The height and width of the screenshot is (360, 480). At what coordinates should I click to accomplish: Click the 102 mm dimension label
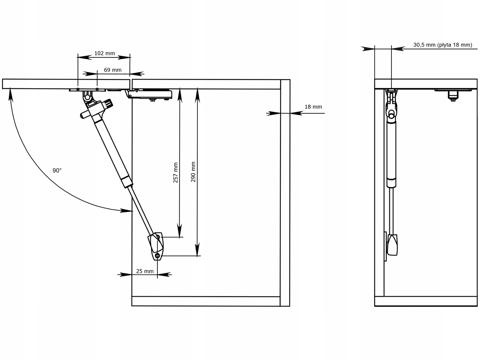pos(104,53)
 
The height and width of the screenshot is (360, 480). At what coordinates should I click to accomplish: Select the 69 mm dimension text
pos(112,70)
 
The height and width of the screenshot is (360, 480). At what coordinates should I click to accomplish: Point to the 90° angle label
pos(57,170)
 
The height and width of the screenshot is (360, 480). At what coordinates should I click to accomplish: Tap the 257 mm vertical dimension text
pos(175,172)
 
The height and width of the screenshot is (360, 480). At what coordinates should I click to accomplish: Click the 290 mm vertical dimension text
pos(193,172)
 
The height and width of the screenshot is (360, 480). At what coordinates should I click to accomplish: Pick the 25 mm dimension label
pos(145,271)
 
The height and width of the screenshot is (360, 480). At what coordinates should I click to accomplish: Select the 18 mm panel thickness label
pos(313,107)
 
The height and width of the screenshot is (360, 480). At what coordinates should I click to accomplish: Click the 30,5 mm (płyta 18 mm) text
pos(442,45)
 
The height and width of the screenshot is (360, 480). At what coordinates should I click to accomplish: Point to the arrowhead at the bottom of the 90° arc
pos(126,211)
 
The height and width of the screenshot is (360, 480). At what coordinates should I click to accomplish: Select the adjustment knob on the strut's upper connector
pos(108,103)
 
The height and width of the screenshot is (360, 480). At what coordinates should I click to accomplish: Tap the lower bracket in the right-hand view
pos(392,245)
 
